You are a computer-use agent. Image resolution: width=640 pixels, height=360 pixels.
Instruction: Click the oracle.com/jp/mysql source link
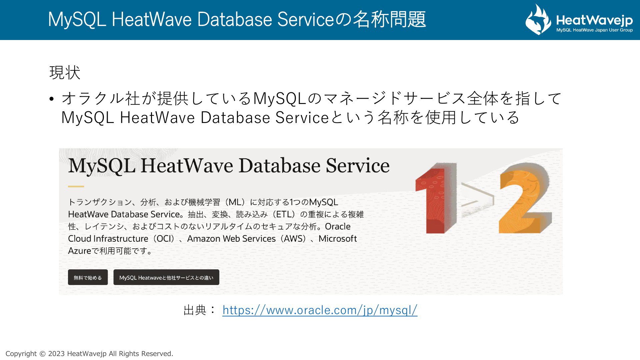pyautogui.click(x=320, y=310)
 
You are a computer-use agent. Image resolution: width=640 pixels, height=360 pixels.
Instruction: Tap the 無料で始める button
pyautogui.click(x=88, y=277)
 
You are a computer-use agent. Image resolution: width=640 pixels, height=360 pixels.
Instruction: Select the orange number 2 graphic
pyautogui.click(x=525, y=198)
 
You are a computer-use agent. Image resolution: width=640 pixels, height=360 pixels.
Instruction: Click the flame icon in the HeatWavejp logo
pyautogui.click(x=538, y=19)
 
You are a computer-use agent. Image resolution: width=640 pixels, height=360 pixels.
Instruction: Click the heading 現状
pyautogui.click(x=65, y=72)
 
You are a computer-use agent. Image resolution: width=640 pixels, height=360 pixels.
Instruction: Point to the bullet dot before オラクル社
pyautogui.click(x=51, y=99)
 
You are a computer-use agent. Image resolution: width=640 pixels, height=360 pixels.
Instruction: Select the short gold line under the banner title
pyautogui.click(x=76, y=186)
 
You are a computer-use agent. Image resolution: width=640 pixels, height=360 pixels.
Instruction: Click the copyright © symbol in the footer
pyautogui.click(x=42, y=354)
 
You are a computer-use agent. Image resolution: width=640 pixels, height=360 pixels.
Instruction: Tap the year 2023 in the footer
pyautogui.click(x=56, y=354)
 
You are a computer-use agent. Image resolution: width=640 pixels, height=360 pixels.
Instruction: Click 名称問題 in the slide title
pyautogui.click(x=389, y=19)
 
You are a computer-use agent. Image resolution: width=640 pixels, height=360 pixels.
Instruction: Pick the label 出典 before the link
pyautogui.click(x=195, y=310)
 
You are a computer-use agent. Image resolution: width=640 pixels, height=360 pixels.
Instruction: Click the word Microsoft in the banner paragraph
pyautogui.click(x=338, y=239)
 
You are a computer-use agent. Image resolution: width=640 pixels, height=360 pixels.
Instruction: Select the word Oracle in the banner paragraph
pyautogui.click(x=338, y=227)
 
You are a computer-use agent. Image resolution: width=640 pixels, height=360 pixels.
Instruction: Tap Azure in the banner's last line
pyautogui.click(x=80, y=251)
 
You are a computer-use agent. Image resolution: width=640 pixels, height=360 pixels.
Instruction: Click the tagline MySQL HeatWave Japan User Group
pyautogui.click(x=594, y=30)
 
